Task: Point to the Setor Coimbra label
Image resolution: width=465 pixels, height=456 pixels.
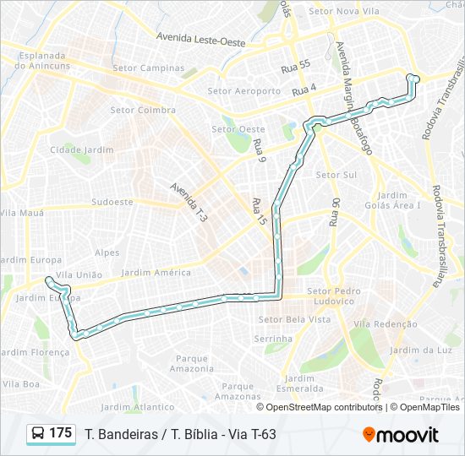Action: tap(143, 110)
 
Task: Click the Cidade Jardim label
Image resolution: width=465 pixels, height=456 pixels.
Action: tap(81, 149)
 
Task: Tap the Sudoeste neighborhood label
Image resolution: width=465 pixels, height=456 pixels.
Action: tap(112, 202)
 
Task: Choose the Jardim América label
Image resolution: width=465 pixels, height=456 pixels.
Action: tap(156, 272)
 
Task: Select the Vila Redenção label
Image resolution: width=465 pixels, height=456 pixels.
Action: tap(385, 323)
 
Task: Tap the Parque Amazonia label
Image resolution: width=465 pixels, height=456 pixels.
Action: tap(192, 363)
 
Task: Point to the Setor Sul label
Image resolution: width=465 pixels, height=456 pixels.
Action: tap(336, 175)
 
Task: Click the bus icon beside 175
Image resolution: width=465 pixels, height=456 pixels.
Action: tap(38, 434)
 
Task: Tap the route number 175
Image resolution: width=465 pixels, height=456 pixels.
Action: tap(61, 433)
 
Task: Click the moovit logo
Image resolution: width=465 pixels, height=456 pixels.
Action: tap(401, 434)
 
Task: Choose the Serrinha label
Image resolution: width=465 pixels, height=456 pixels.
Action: tap(273, 338)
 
